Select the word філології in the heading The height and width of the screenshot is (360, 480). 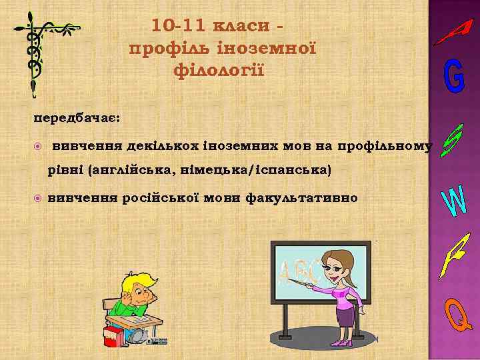218,69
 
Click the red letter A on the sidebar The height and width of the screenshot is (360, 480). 454,31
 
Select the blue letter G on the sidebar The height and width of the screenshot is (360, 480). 454,79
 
